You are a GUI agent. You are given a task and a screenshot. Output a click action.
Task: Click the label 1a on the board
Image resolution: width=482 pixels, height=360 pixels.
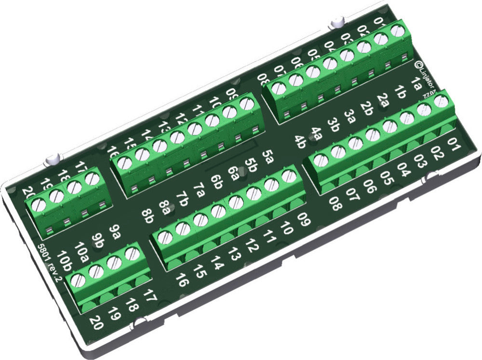coord(415,83)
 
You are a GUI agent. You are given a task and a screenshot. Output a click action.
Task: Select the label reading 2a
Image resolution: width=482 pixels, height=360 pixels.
coord(383,100)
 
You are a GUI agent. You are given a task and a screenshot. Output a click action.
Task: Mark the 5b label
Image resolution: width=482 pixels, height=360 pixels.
coord(250,165)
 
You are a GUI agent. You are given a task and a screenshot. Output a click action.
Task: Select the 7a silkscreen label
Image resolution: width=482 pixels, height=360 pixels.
coord(199,187)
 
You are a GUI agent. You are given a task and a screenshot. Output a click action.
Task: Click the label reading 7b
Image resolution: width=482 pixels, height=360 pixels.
coord(182,198)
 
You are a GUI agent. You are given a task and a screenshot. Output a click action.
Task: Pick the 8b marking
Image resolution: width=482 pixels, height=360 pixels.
coord(148,215)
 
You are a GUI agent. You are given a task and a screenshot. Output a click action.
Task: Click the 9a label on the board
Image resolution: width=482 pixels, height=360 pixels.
coord(114,230)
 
